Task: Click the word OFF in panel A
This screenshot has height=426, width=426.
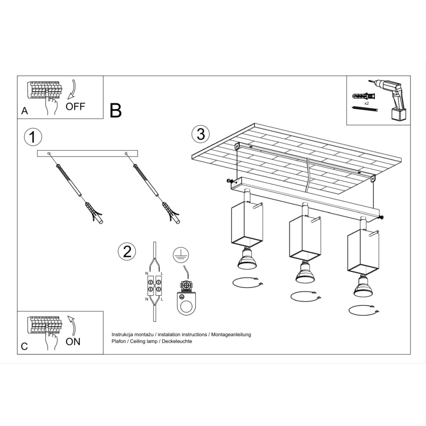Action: pyautogui.click(x=75, y=106)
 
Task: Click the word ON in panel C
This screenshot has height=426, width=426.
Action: pyautogui.click(x=73, y=342)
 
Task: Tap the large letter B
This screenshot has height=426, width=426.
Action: pyautogui.click(x=116, y=111)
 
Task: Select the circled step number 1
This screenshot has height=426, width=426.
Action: pyautogui.click(x=33, y=137)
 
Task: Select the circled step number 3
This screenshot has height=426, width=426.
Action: pyautogui.click(x=201, y=134)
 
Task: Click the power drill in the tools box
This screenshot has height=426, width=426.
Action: pyautogui.click(x=392, y=99)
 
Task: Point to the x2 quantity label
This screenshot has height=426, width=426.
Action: pyautogui.click(x=367, y=102)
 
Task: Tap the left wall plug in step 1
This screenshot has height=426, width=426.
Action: pyautogui.click(x=93, y=212)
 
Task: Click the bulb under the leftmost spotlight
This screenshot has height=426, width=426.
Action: pyautogui.click(x=247, y=260)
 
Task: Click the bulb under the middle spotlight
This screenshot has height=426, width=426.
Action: pyautogui.click(x=305, y=273)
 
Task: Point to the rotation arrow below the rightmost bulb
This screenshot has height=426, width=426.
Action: pyautogui.click(x=364, y=310)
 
